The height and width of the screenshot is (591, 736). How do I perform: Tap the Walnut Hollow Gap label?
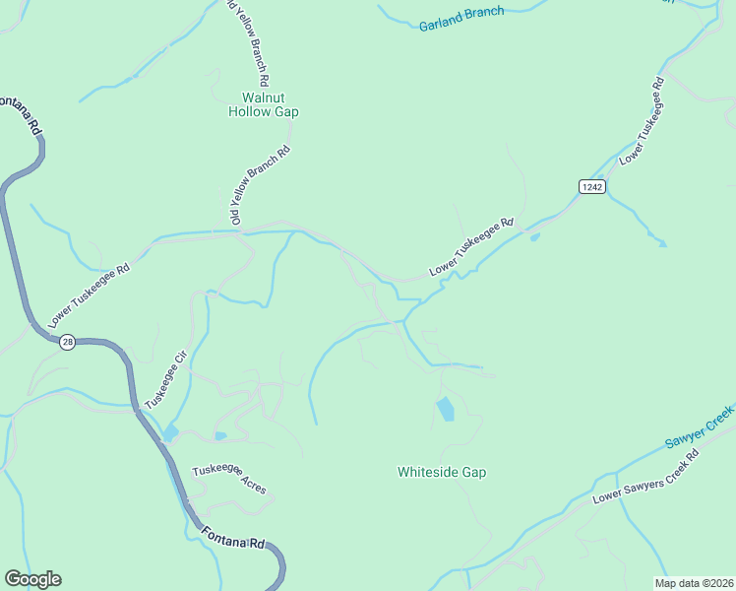[x=263, y=104]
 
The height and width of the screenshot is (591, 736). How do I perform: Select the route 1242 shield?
[x=590, y=187]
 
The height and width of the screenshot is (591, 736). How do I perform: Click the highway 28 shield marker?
[x=66, y=342]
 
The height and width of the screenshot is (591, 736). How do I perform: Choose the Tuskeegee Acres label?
[x=228, y=479]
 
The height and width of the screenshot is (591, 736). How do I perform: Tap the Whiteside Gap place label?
[x=442, y=472]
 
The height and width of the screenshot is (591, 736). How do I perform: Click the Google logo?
[x=32, y=579]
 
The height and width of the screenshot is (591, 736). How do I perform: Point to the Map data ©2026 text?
[x=694, y=583]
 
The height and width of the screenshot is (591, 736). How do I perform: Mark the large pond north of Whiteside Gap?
[x=446, y=408]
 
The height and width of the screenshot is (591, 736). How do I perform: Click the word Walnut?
[x=263, y=98]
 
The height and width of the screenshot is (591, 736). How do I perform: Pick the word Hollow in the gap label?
[x=250, y=111]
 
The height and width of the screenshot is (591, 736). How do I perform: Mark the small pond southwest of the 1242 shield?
[x=534, y=236]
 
